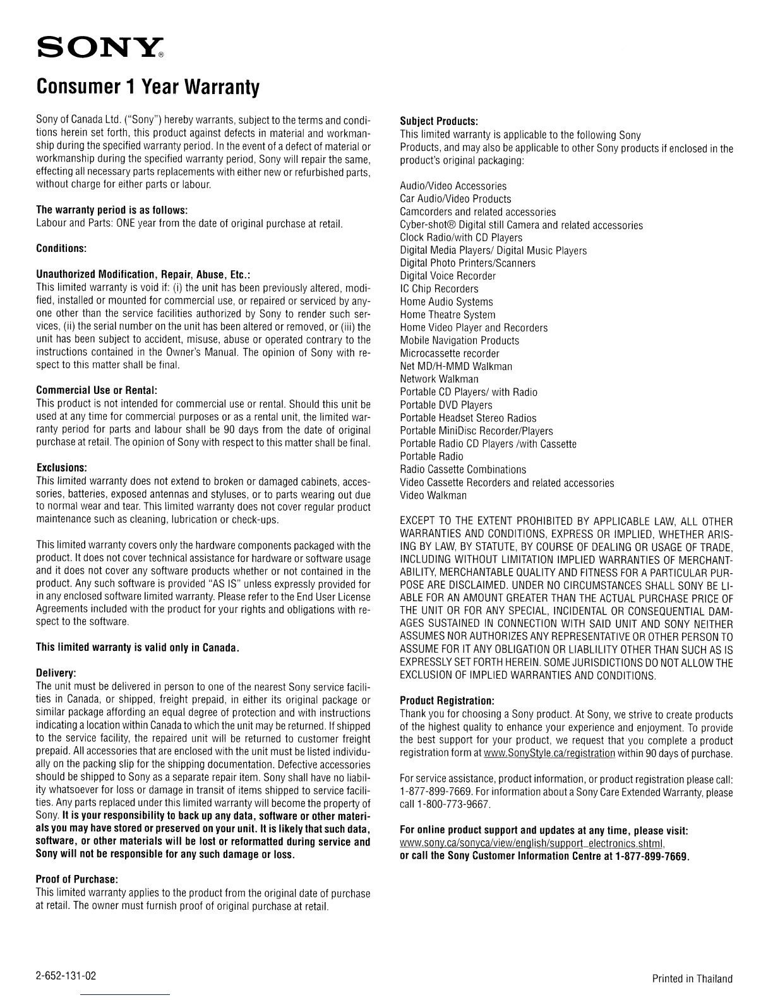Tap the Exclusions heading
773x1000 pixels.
click(61, 468)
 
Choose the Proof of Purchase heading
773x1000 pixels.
click(78, 879)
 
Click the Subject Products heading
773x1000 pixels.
click(439, 121)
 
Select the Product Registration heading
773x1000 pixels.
click(447, 701)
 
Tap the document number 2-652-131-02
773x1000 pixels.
click(66, 976)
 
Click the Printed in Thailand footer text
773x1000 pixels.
click(692, 979)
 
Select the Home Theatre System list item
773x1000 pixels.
click(448, 314)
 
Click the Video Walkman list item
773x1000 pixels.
click(433, 495)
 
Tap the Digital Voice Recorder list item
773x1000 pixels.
click(448, 276)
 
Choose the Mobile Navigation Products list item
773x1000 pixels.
click(459, 340)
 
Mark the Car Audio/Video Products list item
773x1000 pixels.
click(455, 199)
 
